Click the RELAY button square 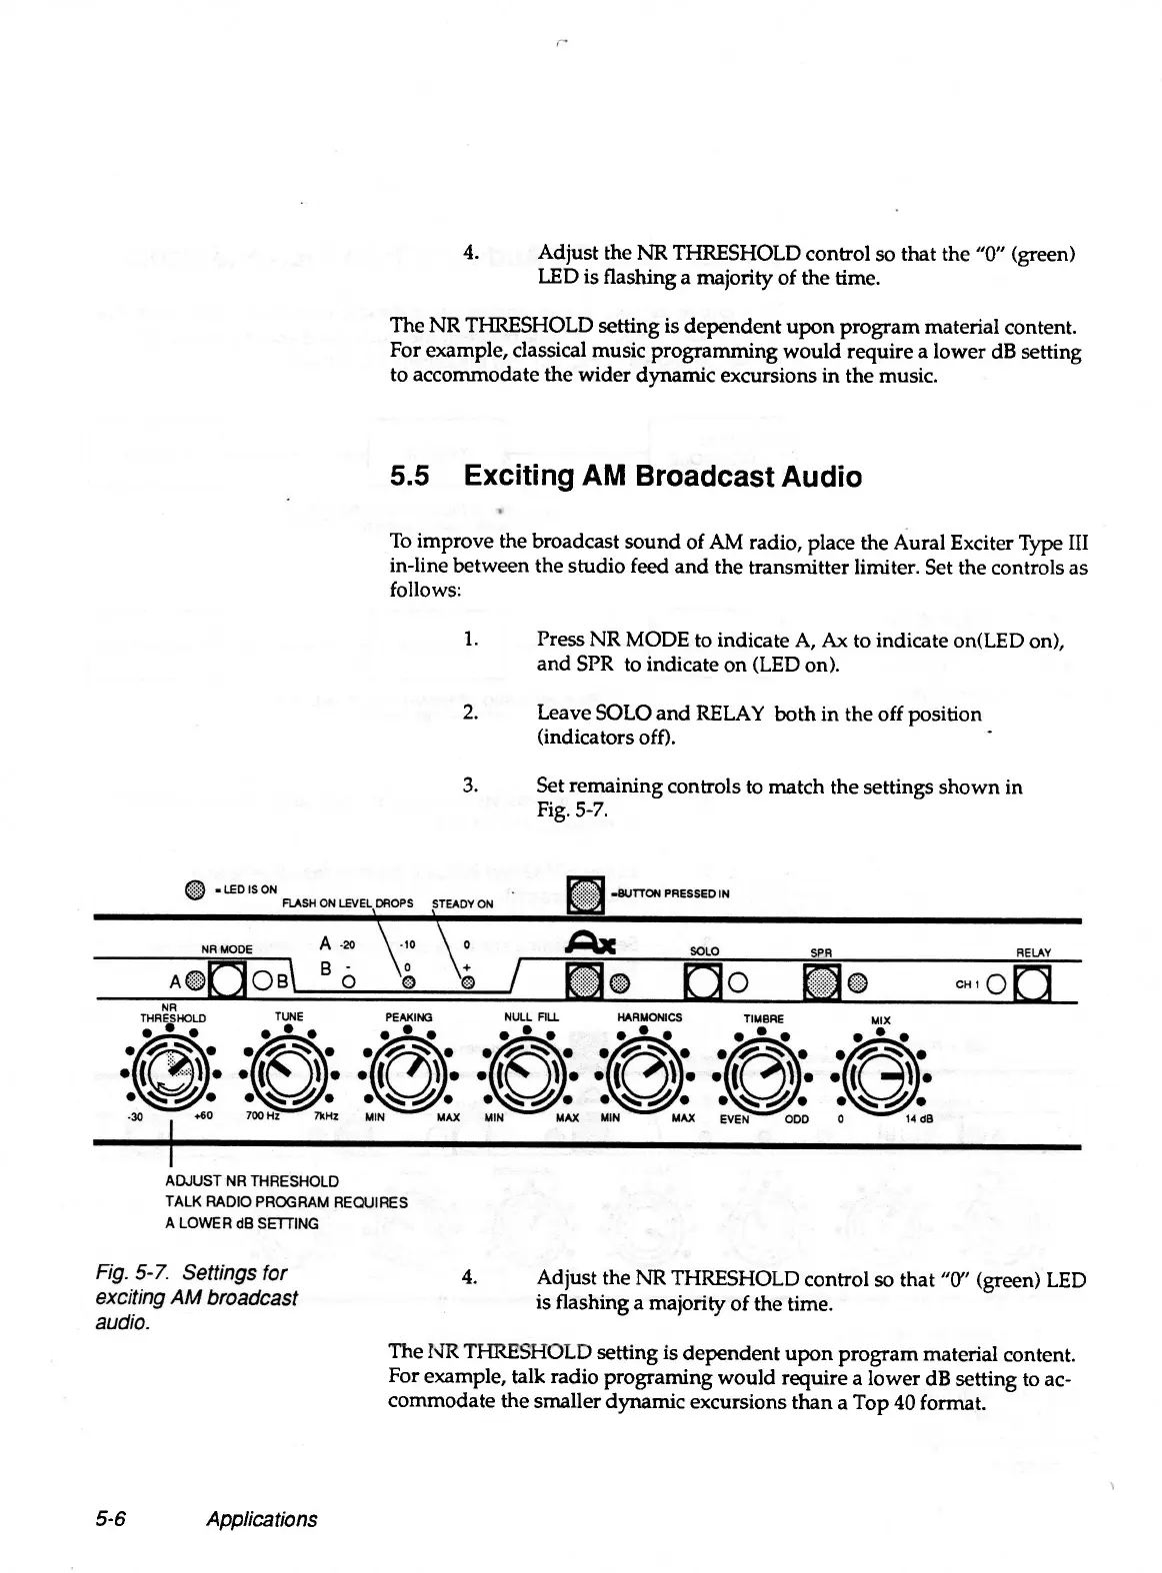[1029, 985]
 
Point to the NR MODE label [227, 948]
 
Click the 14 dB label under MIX [918, 1119]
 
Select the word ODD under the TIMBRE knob [797, 1119]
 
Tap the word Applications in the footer [261, 1519]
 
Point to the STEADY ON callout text [462, 903]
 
